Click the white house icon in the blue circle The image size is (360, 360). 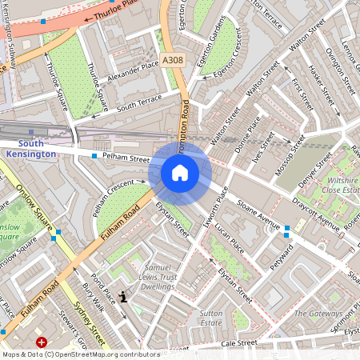click(180, 173)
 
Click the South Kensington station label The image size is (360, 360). click(30, 148)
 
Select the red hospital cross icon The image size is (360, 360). click(42, 342)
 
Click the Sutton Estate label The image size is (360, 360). click(211, 318)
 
